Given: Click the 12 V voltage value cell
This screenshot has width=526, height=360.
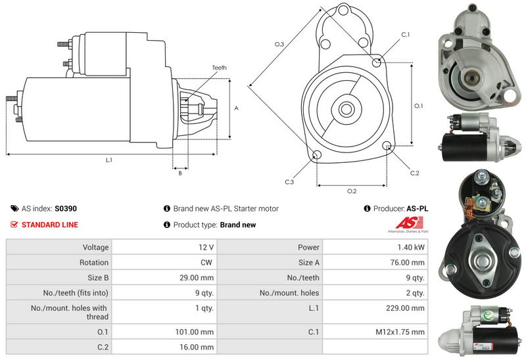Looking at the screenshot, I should point(206,248).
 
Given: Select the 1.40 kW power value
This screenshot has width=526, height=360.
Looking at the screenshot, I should point(410,248).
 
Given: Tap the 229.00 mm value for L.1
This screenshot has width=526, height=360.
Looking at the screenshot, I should point(410,307).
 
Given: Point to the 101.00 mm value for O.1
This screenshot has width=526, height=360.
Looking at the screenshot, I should point(197,332).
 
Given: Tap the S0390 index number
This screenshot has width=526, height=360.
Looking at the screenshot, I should point(66,209).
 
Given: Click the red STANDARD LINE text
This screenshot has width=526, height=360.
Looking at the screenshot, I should point(49,225).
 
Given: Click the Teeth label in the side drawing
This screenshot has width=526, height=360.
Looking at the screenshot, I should point(220,68).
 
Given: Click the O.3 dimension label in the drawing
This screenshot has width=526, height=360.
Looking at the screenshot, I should point(279,44).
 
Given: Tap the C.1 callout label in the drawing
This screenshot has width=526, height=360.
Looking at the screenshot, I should point(405,34).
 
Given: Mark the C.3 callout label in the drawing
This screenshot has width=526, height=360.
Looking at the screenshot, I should point(289,181).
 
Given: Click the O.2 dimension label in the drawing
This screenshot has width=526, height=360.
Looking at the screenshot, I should point(351,191).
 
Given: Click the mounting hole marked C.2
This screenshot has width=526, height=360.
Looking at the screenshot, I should point(389,146).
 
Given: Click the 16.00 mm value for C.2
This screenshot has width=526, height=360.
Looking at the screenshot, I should point(199,347).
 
